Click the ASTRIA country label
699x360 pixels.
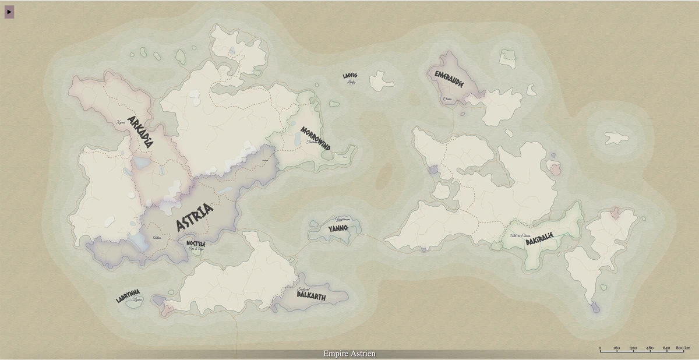point(195,217)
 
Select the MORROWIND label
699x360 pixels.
point(315,139)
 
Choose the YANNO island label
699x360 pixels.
point(337,228)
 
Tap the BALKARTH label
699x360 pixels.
point(311,296)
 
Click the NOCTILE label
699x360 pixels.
point(195,243)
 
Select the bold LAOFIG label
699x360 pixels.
point(349,76)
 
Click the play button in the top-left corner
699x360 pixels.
point(9,11)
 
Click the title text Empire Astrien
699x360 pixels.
point(349,354)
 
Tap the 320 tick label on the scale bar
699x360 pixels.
point(633,348)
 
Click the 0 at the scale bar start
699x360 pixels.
point(600,348)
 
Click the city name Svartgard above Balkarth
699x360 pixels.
point(303,289)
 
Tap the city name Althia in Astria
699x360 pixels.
point(156,238)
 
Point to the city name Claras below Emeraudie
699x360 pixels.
point(447,99)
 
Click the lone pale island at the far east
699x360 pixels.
point(616,138)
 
